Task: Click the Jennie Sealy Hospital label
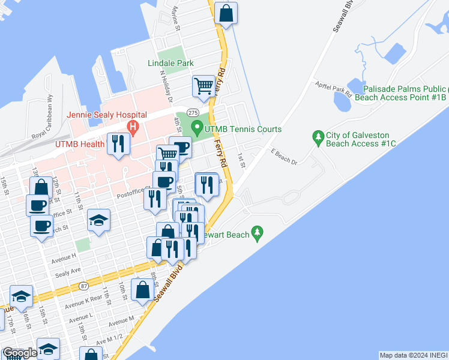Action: point(107,115)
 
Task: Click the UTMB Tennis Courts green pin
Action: point(196,127)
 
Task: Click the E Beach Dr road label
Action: point(284,157)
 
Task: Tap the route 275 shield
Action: point(193,112)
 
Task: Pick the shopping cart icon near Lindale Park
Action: point(203,86)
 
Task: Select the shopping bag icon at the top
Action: point(226,13)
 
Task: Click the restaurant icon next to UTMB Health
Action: point(118,144)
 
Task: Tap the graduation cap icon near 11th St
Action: point(98,220)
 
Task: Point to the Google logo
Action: point(20,353)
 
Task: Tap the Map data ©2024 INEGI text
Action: point(413,355)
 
